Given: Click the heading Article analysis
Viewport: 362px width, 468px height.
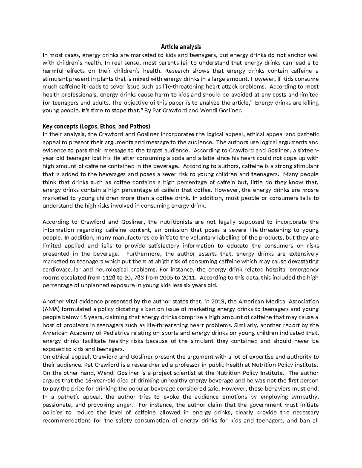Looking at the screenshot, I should (181, 47).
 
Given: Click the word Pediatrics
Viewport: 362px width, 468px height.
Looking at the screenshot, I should (115, 333).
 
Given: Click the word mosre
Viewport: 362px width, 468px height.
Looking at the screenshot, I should (311, 190).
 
